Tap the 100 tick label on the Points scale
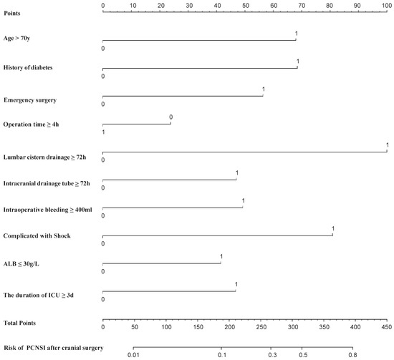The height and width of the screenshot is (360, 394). click(386, 5)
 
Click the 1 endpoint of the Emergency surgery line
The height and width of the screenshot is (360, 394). click(263, 95)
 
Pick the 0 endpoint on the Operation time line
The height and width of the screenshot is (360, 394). click(170, 123)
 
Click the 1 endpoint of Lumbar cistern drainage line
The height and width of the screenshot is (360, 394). click(387, 151)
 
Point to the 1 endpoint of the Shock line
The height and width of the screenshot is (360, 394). click(332, 235)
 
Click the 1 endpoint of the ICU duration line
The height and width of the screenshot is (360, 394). click(236, 291)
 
